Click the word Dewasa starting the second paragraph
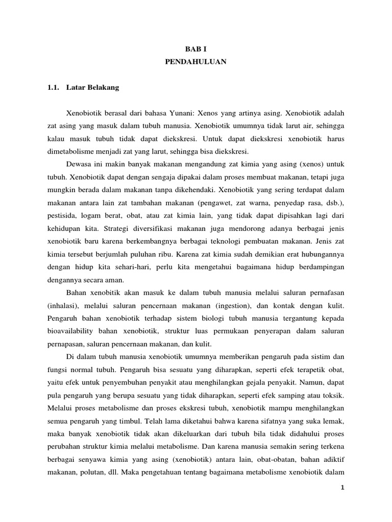click(x=80, y=164)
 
